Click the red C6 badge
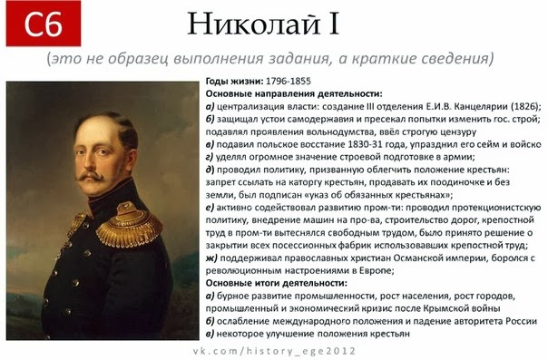(x=44, y=24)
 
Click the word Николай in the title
(x=254, y=24)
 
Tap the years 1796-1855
(x=289, y=81)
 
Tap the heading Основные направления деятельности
(x=294, y=93)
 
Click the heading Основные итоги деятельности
(x=277, y=283)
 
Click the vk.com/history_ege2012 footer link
(x=274, y=351)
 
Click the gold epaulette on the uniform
(x=130, y=224)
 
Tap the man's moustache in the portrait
(x=91, y=176)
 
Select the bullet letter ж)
(x=211, y=258)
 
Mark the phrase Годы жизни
(x=234, y=81)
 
